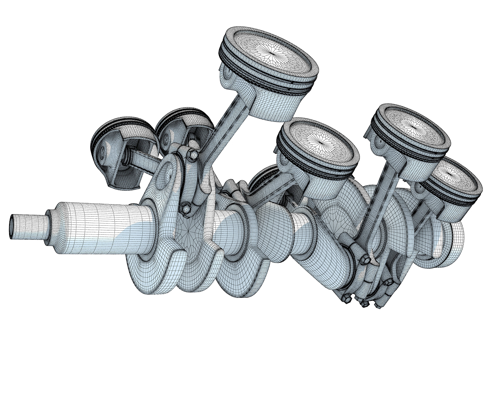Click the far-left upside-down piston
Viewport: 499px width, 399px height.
(x=117, y=147)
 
